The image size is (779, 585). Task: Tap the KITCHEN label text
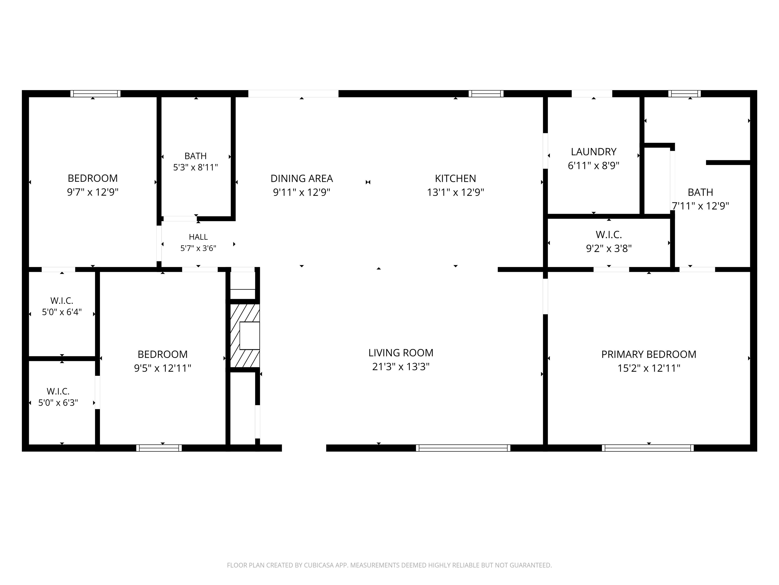tap(455, 178)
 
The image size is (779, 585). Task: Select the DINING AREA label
tap(302, 178)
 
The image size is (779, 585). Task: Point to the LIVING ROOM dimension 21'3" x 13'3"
tap(401, 367)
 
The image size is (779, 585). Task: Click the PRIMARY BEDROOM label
tap(649, 354)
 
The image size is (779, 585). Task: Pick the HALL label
tap(198, 237)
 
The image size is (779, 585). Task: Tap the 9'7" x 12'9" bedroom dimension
tap(93, 192)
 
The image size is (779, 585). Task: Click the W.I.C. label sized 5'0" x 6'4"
tap(62, 301)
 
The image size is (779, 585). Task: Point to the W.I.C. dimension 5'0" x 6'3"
tap(58, 403)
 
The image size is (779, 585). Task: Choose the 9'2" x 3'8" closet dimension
tap(609, 249)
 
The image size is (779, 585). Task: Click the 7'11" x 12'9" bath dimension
tap(700, 206)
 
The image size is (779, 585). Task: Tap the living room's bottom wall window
tap(463, 448)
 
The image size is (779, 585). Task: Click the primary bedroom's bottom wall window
tap(648, 448)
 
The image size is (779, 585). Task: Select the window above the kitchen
tap(486, 93)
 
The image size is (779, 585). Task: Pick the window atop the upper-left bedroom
tap(95, 93)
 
